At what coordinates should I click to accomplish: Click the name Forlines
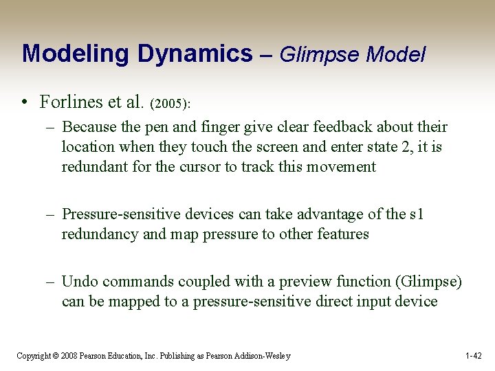[71, 102]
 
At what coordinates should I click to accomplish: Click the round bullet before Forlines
[24, 103]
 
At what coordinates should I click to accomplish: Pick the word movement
[342, 167]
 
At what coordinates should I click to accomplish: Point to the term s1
[416, 214]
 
